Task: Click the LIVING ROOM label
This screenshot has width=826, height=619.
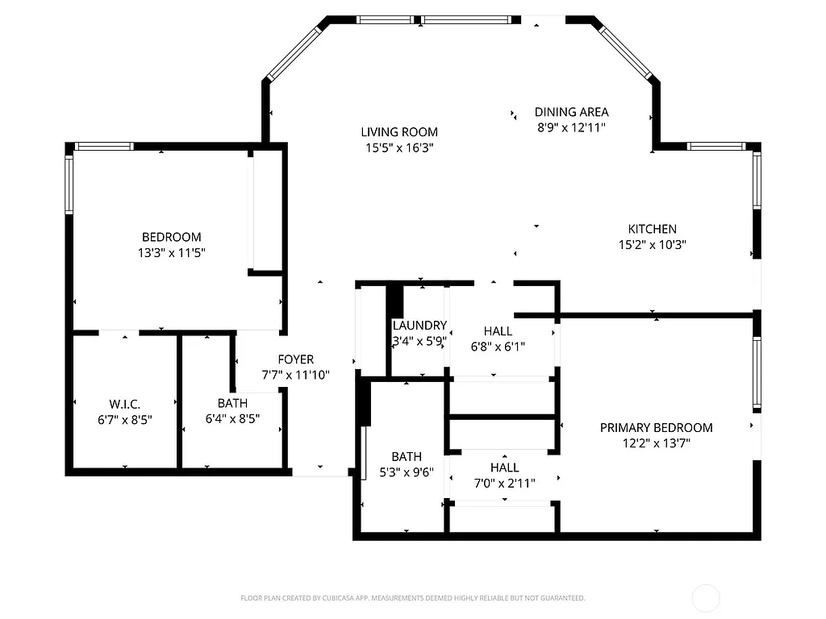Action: (398, 132)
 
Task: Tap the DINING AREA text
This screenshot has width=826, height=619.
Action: (571, 112)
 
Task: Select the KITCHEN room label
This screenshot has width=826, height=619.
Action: (652, 229)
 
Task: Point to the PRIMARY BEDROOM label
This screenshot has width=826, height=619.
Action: (656, 427)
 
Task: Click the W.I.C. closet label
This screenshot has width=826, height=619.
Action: (125, 403)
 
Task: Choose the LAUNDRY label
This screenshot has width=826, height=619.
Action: (419, 326)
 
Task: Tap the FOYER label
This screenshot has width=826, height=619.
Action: (296, 359)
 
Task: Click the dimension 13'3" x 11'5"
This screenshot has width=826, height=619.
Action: (171, 252)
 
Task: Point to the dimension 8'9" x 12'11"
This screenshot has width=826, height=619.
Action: (571, 127)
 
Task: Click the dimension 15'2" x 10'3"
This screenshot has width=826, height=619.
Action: (652, 244)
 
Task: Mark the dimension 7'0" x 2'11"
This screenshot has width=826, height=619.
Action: (504, 483)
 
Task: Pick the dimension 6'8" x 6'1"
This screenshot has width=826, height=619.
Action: (498, 347)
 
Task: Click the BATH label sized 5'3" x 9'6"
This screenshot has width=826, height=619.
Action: (407, 457)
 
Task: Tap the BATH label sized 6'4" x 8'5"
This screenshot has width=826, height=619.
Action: (232, 403)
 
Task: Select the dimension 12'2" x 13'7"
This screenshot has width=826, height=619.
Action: (656, 442)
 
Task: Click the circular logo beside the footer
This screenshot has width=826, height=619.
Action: (706, 598)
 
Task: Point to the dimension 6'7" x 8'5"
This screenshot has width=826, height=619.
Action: (125, 418)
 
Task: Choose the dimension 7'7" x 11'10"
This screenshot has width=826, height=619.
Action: (296, 375)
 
